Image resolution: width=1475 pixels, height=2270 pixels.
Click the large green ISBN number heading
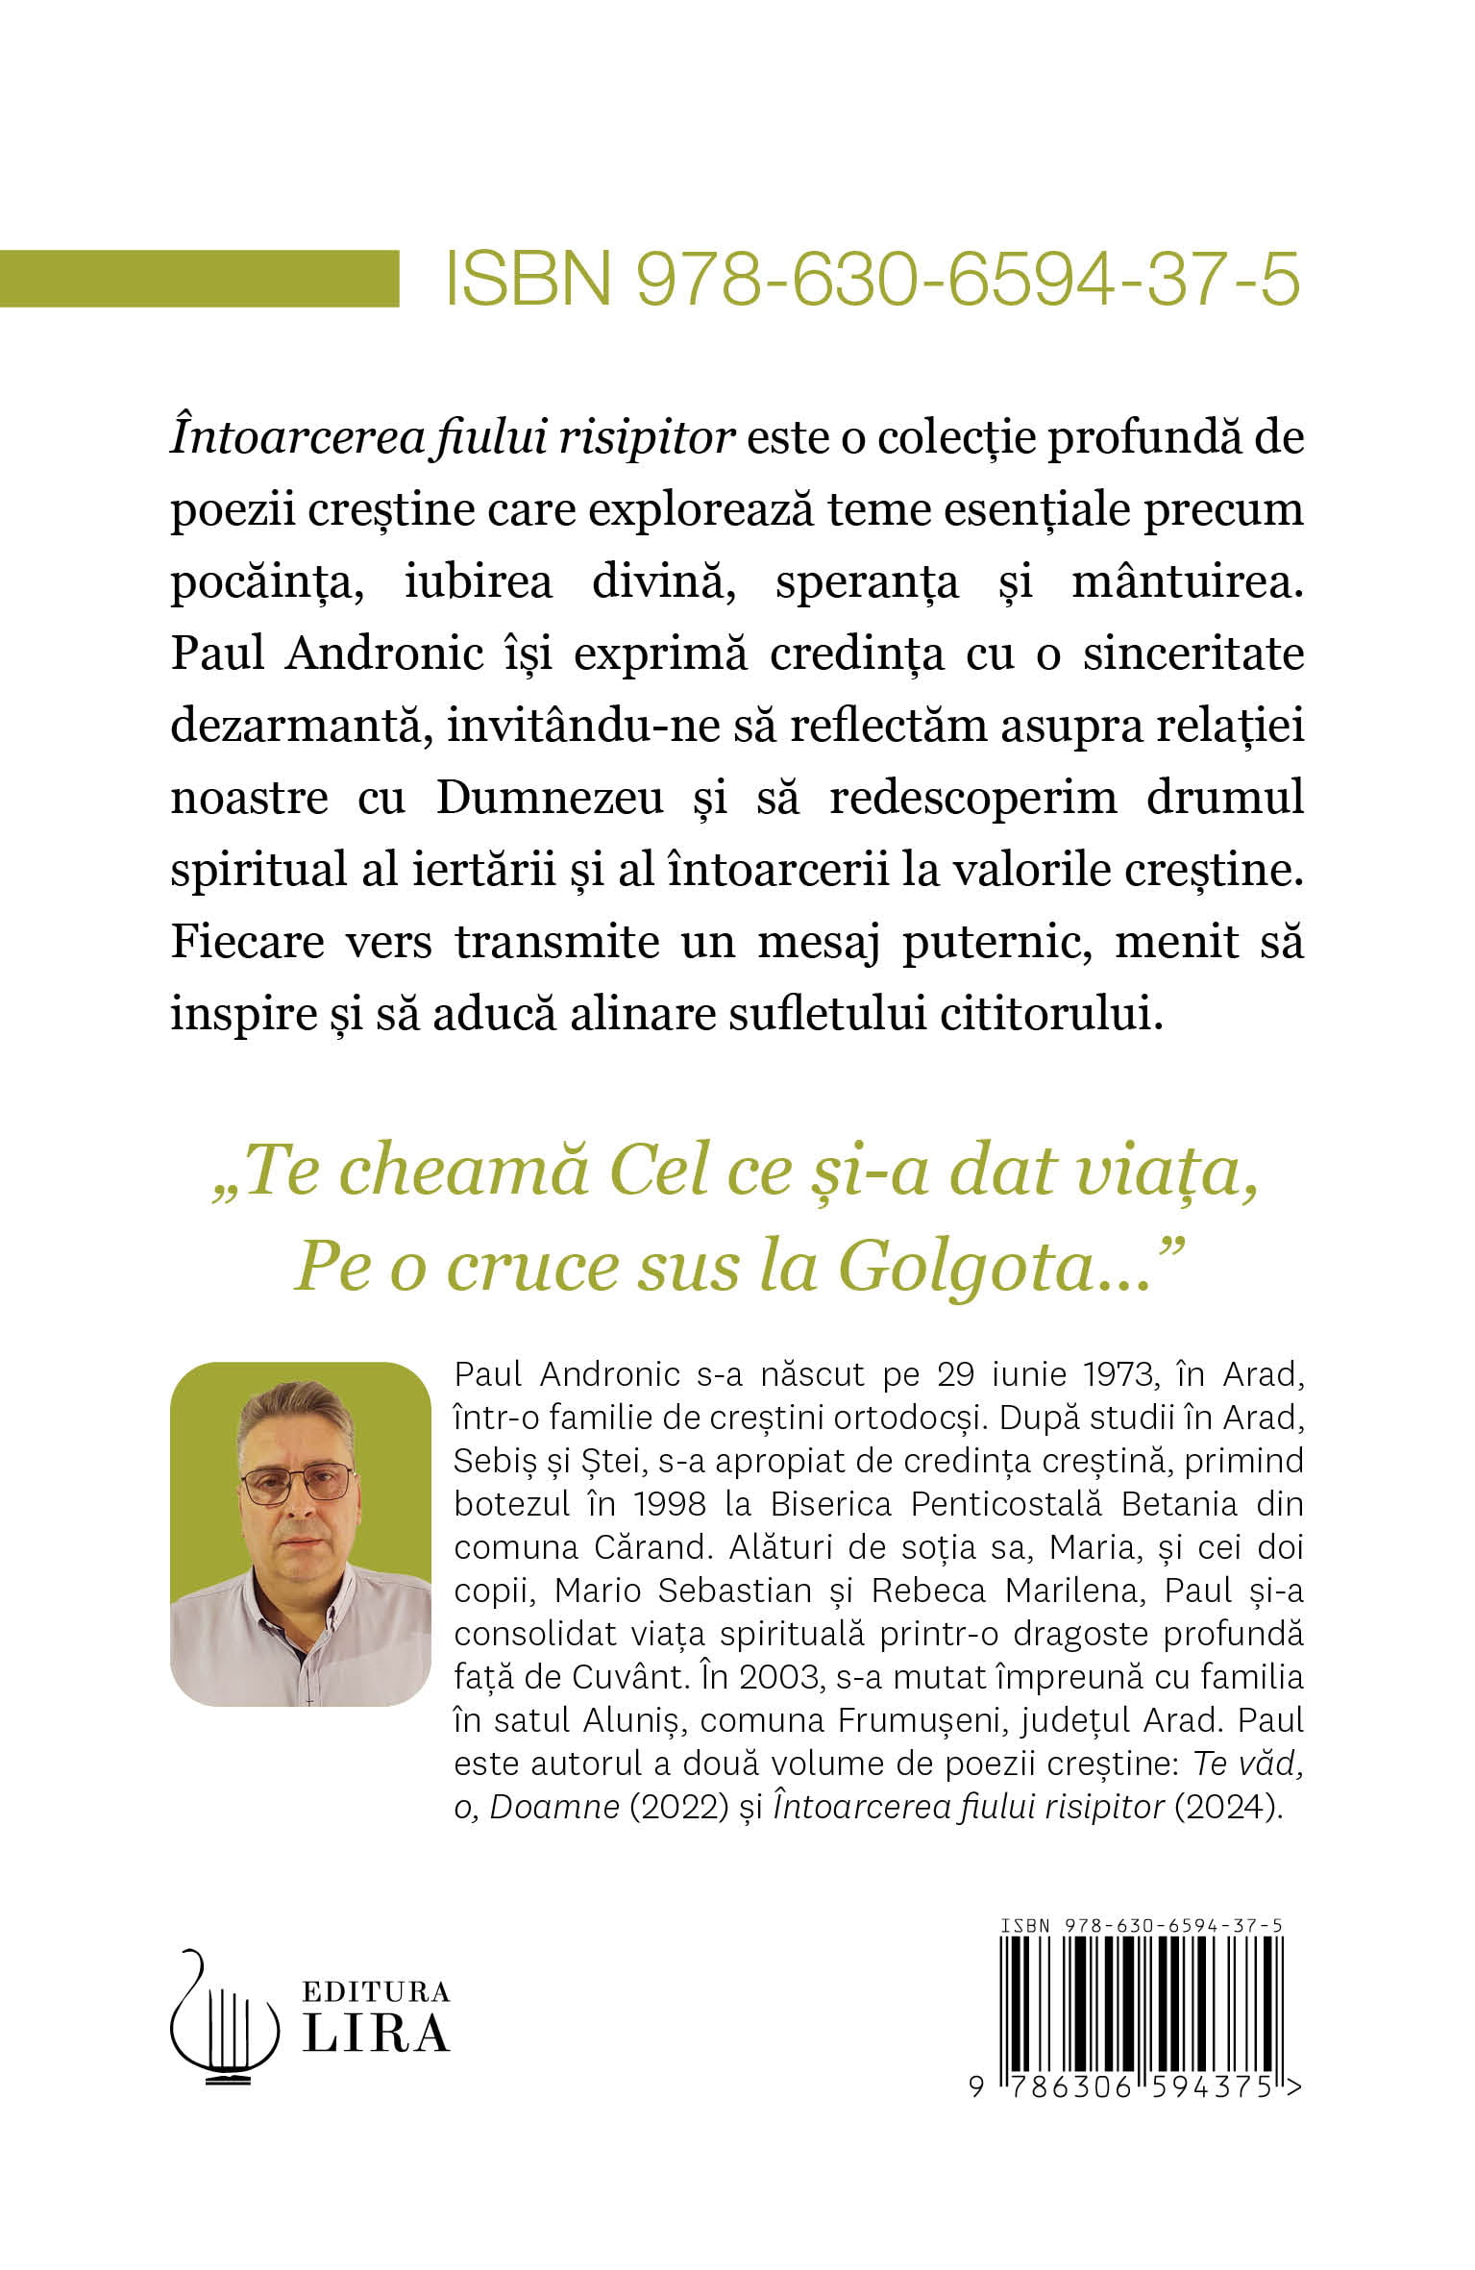point(873,279)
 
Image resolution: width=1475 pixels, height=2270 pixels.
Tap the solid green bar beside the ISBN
point(199,279)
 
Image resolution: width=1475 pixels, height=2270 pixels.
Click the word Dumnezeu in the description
point(550,798)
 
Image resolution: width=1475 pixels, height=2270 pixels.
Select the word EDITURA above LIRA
point(377,1990)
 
